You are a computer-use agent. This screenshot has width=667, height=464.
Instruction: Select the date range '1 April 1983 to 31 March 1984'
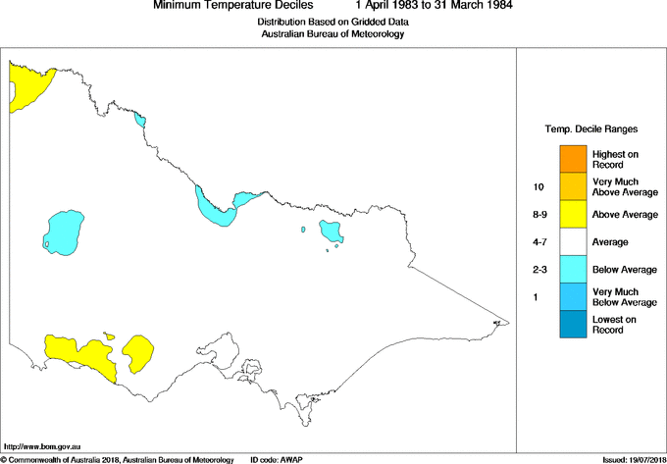click(x=430, y=6)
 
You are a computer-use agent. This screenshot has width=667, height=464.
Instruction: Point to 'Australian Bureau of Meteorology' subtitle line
click(x=333, y=34)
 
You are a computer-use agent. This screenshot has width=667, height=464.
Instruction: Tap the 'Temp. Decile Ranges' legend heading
click(x=590, y=129)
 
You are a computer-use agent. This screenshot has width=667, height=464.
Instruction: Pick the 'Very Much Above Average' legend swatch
click(x=574, y=185)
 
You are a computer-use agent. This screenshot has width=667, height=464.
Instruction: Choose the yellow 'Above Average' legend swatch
click(x=574, y=214)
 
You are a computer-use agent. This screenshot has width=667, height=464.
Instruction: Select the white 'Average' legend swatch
click(x=574, y=241)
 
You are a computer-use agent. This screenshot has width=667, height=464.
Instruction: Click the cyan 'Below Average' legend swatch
click(x=574, y=269)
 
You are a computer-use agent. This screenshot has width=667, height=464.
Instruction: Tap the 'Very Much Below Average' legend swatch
click(x=574, y=296)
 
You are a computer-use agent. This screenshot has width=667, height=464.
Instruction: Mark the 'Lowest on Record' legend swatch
click(x=574, y=324)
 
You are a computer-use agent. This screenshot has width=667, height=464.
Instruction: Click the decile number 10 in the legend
click(x=539, y=185)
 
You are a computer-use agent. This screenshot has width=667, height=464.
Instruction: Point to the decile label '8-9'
click(x=539, y=214)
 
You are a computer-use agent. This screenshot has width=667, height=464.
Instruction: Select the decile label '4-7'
click(x=539, y=241)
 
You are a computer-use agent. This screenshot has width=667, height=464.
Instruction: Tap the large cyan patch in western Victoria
click(x=64, y=232)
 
